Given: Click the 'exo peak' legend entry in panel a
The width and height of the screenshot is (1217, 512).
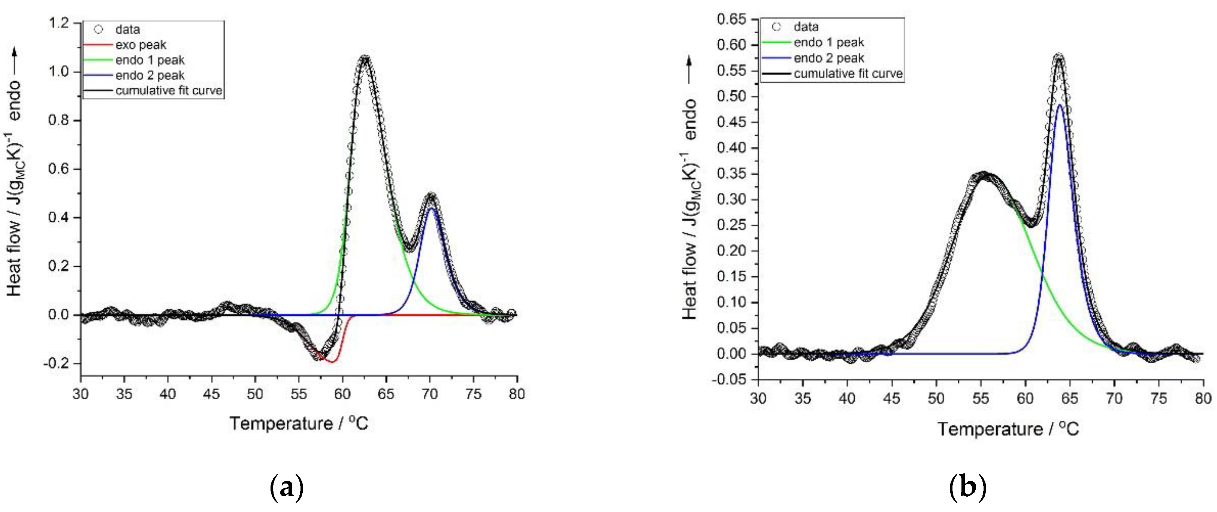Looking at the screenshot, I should [141, 45].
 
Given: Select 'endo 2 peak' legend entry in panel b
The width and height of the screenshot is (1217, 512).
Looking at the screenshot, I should [829, 58].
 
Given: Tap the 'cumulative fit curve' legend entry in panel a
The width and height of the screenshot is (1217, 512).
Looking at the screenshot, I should [169, 91].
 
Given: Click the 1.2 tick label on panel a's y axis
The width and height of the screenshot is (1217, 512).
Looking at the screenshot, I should [58, 23].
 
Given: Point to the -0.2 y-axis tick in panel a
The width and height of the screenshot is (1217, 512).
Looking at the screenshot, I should [57, 363].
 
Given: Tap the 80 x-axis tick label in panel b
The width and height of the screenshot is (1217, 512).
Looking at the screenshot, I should [1203, 398].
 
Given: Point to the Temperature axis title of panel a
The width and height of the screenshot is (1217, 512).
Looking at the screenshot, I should [299, 423].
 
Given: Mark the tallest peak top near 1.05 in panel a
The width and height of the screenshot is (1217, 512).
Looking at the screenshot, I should [365, 59].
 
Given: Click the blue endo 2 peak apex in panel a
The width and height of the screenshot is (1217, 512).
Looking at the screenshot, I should [431, 208].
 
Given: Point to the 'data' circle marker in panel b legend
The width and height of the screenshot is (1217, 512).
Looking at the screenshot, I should [776, 27].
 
